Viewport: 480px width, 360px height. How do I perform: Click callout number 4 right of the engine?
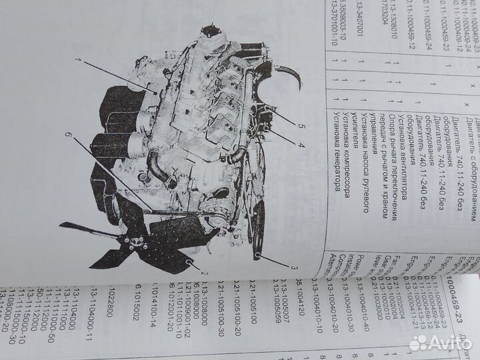(x=301, y=143)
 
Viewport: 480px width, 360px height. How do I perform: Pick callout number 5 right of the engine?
(x=301, y=124)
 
